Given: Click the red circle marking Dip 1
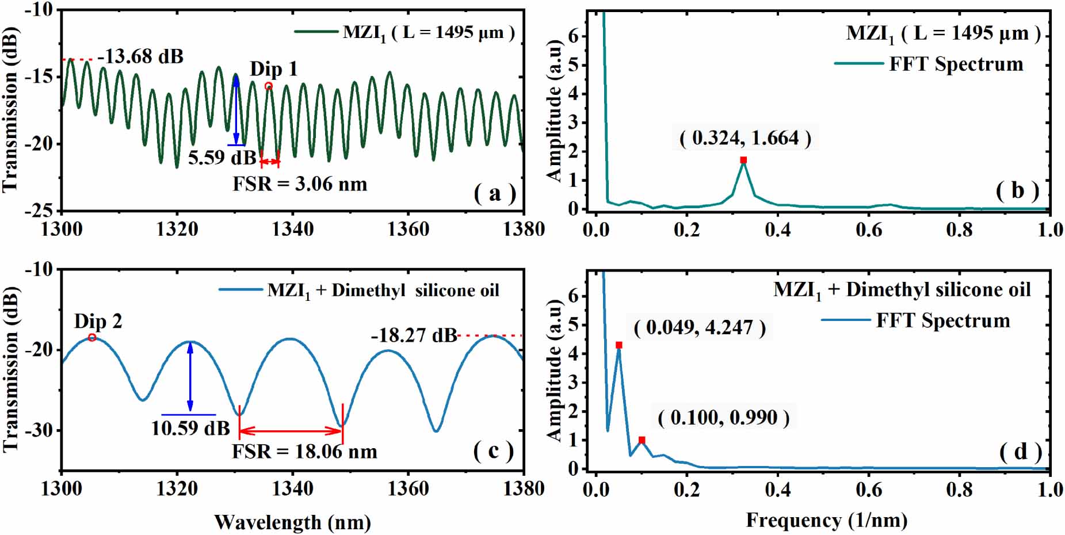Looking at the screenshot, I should click(268, 86).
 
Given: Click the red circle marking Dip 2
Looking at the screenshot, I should click(92, 338).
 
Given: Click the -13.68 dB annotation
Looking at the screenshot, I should click(140, 56).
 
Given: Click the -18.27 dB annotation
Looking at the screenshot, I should click(414, 335).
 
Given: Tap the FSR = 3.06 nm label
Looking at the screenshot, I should click(299, 184).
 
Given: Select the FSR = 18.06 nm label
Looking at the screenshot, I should click(304, 452).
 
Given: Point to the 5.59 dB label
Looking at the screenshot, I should click(222, 157).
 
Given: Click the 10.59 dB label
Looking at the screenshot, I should click(190, 428).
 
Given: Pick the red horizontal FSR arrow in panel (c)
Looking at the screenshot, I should click(291, 431).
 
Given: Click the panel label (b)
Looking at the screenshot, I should click(1017, 190).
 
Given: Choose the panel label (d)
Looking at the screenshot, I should click(1020, 452).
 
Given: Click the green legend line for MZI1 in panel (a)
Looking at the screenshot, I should click(316, 32).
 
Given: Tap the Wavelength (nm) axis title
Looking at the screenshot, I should click(292, 522).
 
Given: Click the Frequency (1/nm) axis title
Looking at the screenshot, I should click(826, 520).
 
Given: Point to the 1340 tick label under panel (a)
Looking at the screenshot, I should click(292, 229).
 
